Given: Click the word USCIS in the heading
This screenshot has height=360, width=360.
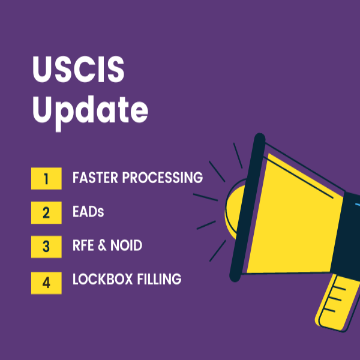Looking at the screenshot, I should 78,71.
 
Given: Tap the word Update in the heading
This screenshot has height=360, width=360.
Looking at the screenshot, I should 90,110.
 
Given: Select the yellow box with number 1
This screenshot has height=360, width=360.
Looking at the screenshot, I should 46,178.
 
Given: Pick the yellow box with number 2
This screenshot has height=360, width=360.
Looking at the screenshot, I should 46,212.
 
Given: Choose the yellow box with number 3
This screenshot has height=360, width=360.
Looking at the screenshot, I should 46,246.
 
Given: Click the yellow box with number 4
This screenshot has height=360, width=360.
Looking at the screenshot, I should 46,280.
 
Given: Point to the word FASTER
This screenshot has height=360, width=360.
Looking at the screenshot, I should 95,178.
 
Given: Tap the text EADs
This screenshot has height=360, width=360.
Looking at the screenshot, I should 89,212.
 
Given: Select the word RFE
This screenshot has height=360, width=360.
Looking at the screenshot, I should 85,246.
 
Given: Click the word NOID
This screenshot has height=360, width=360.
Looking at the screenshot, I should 127,246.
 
